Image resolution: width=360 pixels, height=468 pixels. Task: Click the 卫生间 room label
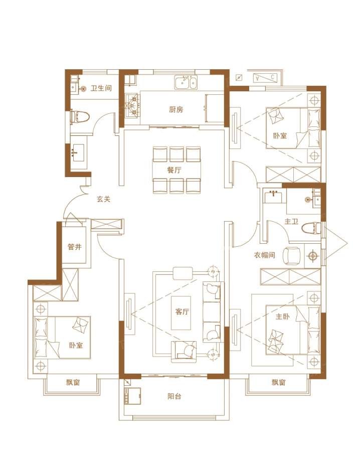coord(101,88)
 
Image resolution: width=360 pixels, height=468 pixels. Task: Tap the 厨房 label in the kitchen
coord(176,109)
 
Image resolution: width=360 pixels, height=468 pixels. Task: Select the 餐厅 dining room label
coord(174,171)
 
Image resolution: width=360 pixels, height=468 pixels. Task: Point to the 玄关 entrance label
coord(103,199)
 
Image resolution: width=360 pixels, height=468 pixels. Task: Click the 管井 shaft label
coord(75,247)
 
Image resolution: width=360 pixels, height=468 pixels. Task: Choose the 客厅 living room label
coord(182,312)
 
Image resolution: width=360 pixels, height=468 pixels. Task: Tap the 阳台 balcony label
coord(174,397)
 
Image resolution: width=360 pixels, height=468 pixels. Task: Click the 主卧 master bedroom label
coord(282,317)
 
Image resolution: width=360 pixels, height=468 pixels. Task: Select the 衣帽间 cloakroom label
coord(264,255)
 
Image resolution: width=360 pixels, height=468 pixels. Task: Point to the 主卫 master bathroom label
coord(291,222)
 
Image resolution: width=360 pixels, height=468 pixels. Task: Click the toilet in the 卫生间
coord(79,117)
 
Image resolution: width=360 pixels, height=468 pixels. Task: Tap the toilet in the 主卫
coord(311,230)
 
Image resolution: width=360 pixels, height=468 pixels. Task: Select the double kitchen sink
coord(186,83)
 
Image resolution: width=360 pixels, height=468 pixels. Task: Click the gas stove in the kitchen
coord(132,105)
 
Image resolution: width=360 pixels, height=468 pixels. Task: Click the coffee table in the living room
coord(181,313)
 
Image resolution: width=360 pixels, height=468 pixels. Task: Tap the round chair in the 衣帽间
coord(291,255)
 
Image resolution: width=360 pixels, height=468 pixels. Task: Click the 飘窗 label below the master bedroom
coord(279,382)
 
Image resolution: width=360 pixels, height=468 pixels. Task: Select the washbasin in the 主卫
coord(273,197)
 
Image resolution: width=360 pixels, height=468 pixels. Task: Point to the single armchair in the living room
coord(184,352)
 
